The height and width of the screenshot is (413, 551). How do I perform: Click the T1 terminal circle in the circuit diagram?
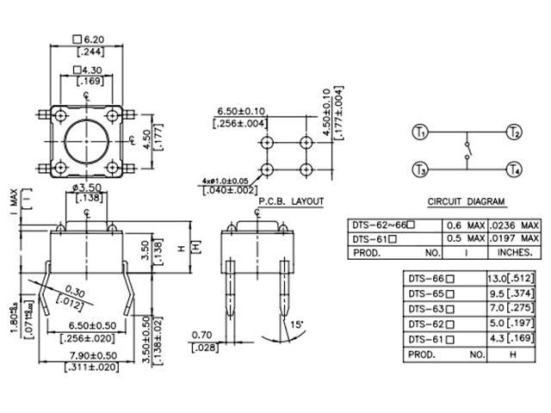(420, 133)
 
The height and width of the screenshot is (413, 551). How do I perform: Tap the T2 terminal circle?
(514, 133)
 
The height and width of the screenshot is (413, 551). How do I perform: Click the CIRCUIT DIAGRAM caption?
(466, 202)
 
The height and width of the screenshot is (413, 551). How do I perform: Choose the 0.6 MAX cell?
(464, 225)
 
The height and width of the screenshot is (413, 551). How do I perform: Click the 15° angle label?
(297, 324)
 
